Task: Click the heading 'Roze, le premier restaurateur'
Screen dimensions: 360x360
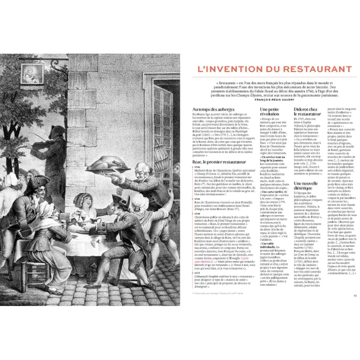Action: click(219, 162)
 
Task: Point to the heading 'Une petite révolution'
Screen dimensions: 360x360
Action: click(269, 112)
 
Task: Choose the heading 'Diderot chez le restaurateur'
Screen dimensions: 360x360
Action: click(307, 112)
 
